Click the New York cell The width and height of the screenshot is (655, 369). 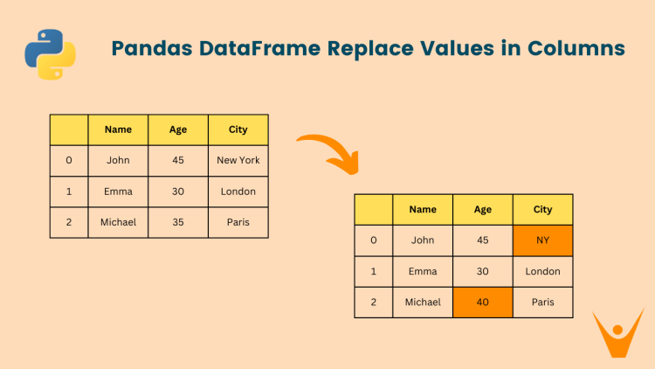238,160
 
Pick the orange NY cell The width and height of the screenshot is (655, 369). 542,240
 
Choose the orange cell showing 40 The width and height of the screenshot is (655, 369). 482,302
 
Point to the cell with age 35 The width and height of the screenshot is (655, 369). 178,222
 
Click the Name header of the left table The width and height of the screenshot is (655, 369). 118,129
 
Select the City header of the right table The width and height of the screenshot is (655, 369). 542,210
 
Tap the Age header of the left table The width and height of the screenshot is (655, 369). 178,129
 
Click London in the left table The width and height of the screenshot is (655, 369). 238,191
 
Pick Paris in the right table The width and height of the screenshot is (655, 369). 542,302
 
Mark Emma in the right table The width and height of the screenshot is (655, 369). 423,271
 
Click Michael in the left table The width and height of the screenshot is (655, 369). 118,222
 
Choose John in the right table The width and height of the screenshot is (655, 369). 423,240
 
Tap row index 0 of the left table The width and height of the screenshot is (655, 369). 69,160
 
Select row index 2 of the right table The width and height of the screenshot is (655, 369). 374,302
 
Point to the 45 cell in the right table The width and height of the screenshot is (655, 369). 482,240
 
